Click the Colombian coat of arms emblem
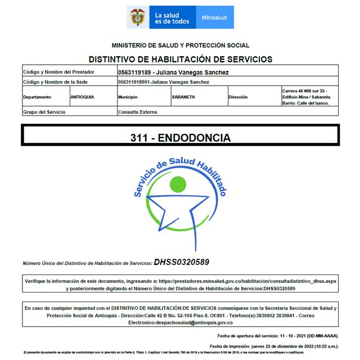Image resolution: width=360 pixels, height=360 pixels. pyautogui.click(x=137, y=17)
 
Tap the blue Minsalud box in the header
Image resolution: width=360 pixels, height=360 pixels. pyautogui.click(x=214, y=17)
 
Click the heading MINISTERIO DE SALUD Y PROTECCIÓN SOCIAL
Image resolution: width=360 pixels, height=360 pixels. pyautogui.click(x=180, y=46)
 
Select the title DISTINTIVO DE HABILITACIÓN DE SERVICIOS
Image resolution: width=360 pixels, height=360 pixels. pyautogui.click(x=180, y=59)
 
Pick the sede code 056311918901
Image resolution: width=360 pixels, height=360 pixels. pyautogui.click(x=134, y=82)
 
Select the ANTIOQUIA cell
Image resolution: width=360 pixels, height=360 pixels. pyautogui.click(x=82, y=97)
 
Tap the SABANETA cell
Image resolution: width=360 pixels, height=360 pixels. pyautogui.click(x=183, y=97)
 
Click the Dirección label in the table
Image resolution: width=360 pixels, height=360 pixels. pyautogui.click(x=238, y=97)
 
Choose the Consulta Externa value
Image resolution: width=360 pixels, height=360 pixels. pyautogui.click(x=137, y=112)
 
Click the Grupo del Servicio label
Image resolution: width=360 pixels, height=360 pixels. pyautogui.click(x=44, y=112)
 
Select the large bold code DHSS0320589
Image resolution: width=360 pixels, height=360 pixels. pyautogui.click(x=182, y=262)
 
